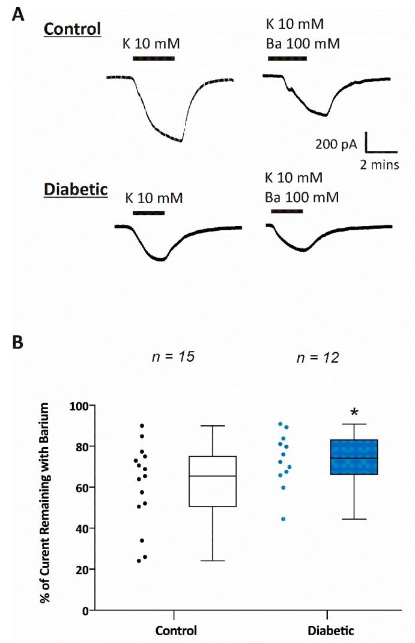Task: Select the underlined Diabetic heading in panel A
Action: click(x=75, y=190)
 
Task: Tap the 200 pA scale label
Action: click(x=337, y=144)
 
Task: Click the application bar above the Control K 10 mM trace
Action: click(x=153, y=58)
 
